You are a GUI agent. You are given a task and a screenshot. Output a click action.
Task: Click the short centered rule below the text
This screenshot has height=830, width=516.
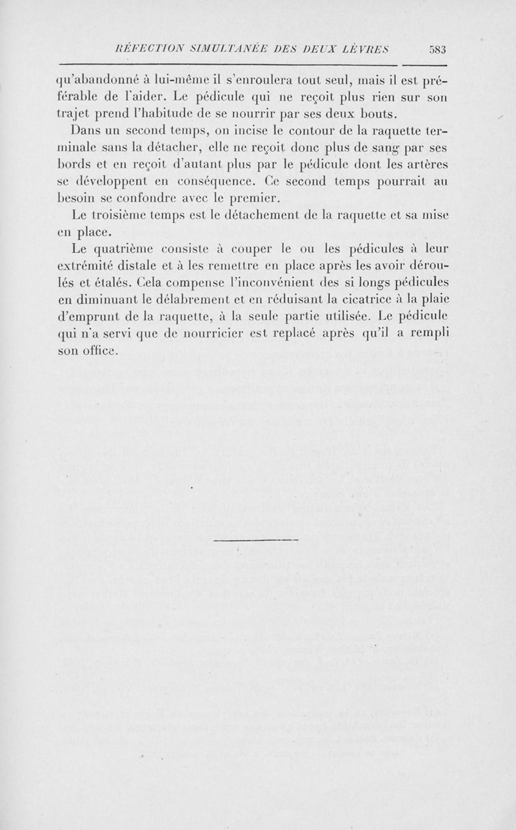[x=255, y=538]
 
